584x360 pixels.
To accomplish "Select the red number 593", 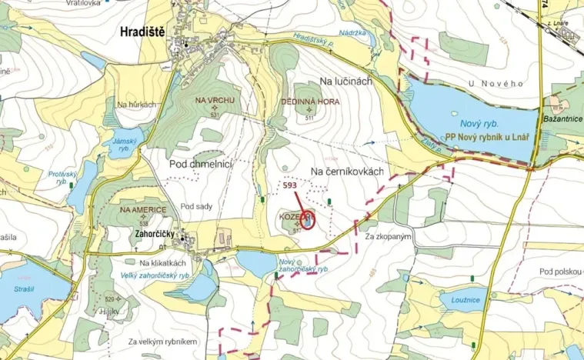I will (x=290, y=185).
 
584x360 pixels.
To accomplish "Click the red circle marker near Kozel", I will (x=308, y=220).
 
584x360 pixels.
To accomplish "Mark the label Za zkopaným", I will (x=390, y=236).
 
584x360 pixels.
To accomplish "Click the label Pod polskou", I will (x=560, y=272).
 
